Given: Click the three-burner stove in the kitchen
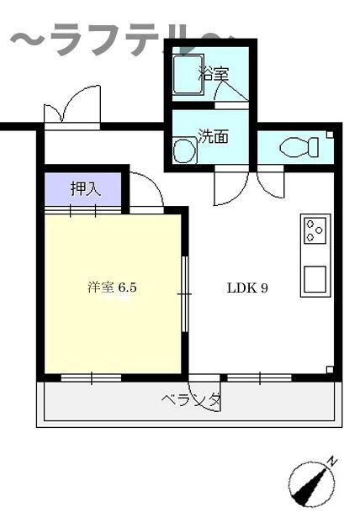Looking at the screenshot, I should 315,230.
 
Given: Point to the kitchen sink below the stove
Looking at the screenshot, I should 315,277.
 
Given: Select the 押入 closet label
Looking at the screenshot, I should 85,188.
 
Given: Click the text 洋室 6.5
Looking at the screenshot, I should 112,288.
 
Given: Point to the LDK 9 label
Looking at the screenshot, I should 247,288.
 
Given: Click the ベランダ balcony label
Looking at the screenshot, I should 191,400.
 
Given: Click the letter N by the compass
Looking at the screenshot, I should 333,460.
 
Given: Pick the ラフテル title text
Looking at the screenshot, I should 118,40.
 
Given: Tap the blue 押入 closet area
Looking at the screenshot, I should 84,189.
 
